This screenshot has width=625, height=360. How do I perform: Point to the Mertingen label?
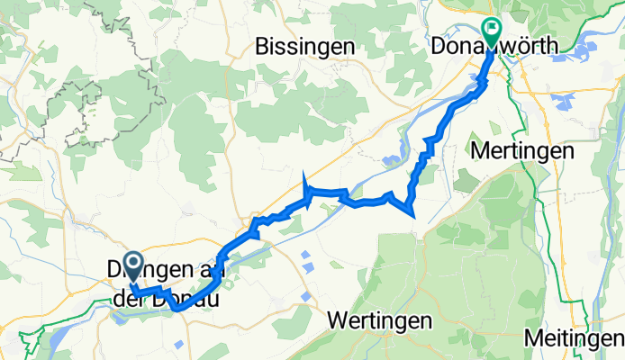coord(523,151)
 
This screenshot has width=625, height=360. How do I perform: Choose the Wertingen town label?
coord(376,319)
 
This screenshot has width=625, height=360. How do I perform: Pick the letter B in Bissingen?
coord(262,44)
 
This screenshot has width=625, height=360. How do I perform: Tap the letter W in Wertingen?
coord(336,319)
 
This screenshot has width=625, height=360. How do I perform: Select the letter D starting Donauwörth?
coord(439,44)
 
